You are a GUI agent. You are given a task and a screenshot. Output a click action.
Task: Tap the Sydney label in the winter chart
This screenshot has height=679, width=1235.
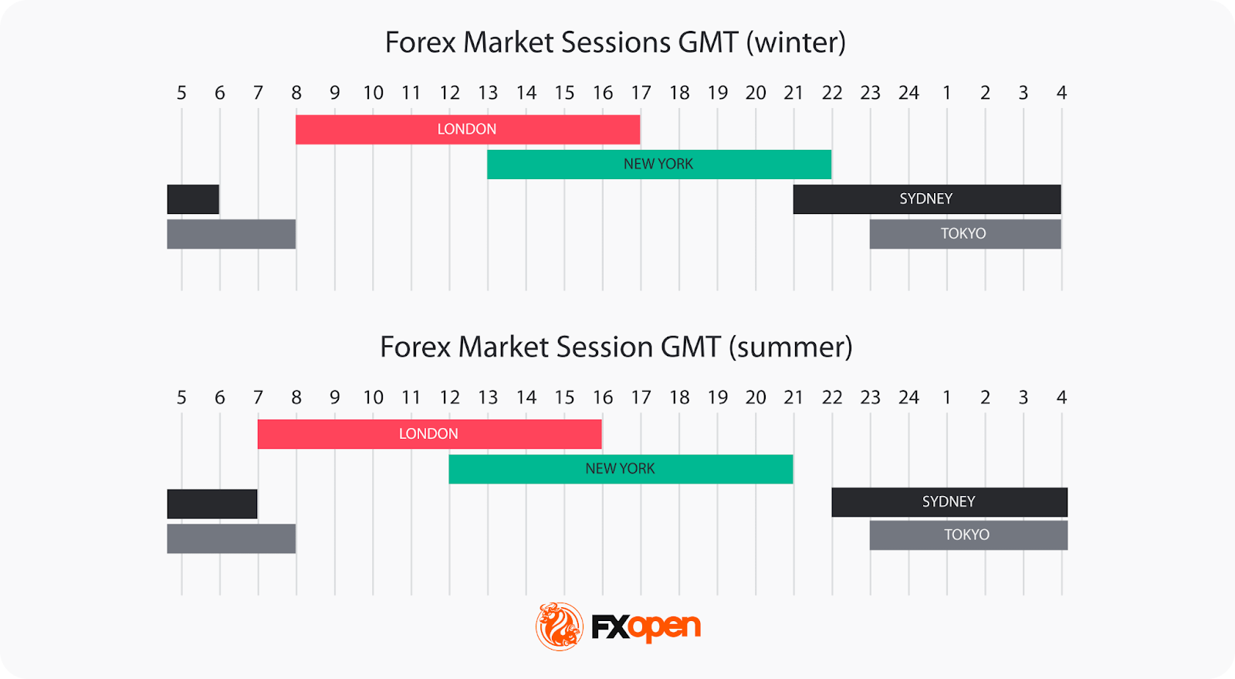pos(925,199)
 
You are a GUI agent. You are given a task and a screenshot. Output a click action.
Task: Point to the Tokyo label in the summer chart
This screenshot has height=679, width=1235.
pos(966,535)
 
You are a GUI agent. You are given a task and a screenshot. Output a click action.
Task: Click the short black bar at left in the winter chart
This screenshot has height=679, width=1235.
pos(193,199)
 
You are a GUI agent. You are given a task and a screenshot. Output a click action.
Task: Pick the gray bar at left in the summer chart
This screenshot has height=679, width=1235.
pos(232,538)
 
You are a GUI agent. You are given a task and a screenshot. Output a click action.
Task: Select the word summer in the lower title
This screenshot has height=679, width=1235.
pos(790,348)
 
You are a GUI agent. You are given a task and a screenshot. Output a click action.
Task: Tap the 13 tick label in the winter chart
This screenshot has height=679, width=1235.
pos(488,93)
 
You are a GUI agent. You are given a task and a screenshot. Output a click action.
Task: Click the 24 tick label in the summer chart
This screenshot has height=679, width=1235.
pos(908,398)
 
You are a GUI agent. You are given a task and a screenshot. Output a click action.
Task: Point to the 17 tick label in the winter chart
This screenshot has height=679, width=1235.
pos(641,93)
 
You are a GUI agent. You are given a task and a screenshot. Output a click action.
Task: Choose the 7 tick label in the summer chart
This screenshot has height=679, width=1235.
pos(258,398)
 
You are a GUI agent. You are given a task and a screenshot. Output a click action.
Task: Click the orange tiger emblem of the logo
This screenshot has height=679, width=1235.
pos(560,626)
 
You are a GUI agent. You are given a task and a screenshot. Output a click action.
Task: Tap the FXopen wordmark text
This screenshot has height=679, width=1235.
pos(646,627)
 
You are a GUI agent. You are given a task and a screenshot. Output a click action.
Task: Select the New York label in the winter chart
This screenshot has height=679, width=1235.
pos(658,164)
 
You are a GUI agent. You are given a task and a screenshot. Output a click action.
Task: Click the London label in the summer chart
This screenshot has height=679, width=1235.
pos(428,434)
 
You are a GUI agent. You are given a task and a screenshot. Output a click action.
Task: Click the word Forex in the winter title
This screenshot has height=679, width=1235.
pos(420,42)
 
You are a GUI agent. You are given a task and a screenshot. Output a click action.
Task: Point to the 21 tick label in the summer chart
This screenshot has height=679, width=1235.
pos(793,398)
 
